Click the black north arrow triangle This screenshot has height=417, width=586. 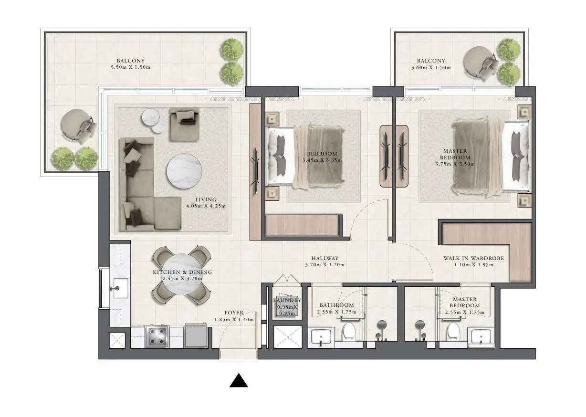239,381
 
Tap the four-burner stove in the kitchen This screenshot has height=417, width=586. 157,336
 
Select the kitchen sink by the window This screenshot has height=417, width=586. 120,289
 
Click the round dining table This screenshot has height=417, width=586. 182,275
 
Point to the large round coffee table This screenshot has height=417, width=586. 184,171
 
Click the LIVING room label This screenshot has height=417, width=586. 206,199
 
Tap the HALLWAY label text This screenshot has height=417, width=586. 325,258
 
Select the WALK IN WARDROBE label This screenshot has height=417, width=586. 473,258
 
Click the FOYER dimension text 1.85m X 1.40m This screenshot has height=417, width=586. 234,319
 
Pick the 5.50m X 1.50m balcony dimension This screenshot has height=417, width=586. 131,67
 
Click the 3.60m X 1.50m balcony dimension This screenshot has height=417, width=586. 431,67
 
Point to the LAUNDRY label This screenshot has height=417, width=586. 287,300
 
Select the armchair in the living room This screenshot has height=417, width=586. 184,125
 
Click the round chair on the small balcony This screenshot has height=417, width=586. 479,62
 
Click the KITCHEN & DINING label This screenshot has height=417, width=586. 182,272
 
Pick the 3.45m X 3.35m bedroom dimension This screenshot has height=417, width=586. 322,160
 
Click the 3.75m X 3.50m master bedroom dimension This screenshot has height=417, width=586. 455,164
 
